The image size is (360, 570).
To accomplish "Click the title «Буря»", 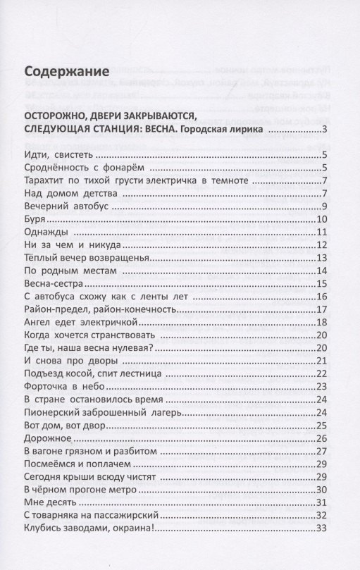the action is [x=34, y=220].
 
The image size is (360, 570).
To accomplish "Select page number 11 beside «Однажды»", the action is [x=321, y=233].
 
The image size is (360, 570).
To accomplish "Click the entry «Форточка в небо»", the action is [x=64, y=386].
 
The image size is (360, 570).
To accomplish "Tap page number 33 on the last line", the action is [x=321, y=529].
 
